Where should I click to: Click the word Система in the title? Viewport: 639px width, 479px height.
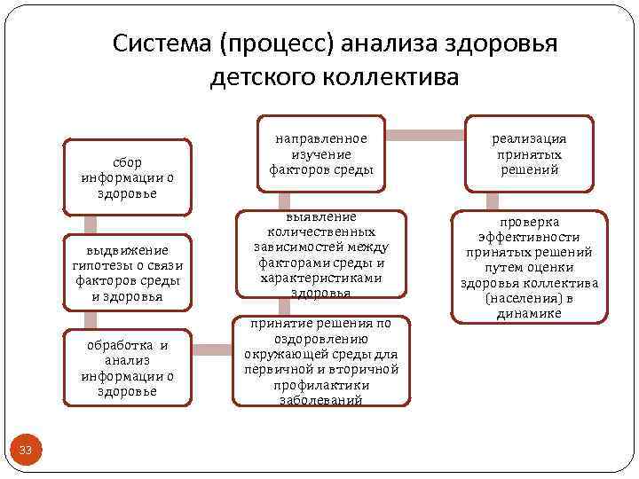point(163,44)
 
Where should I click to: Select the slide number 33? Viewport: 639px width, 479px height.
point(26,451)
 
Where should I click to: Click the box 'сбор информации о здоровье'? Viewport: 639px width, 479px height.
point(127,177)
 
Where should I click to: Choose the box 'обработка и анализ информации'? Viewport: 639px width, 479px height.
point(127,367)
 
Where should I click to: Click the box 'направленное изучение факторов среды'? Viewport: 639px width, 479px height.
point(320,153)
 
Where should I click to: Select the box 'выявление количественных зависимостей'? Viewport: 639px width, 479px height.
point(320,254)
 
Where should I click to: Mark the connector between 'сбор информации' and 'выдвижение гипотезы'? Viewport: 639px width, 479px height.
point(90,224)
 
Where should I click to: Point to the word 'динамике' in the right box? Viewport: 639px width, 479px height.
point(529,313)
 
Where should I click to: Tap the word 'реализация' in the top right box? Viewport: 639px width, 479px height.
point(529,138)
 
